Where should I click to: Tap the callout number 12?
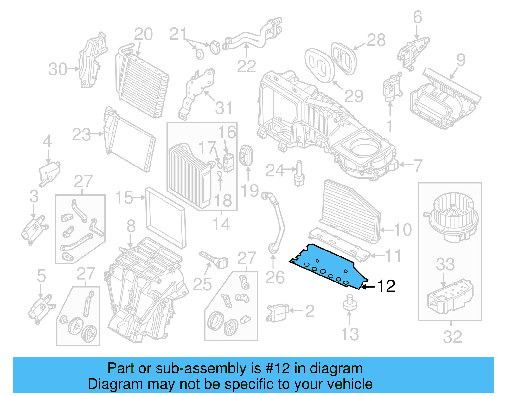pos(386,286)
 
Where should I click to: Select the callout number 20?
pos(143,34)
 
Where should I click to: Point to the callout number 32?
pos(452,337)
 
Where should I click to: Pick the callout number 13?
pos(350,334)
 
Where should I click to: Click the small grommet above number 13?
pos(350,303)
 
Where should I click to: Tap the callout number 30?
pos(58,69)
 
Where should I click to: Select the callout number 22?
pos(246,67)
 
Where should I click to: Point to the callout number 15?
pos(124,198)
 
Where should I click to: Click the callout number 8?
pos(131,226)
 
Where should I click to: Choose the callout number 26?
pos(275,277)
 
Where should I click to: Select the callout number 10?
pos(402,230)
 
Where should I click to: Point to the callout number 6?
pos(418,17)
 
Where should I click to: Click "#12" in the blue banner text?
pos(278,369)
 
